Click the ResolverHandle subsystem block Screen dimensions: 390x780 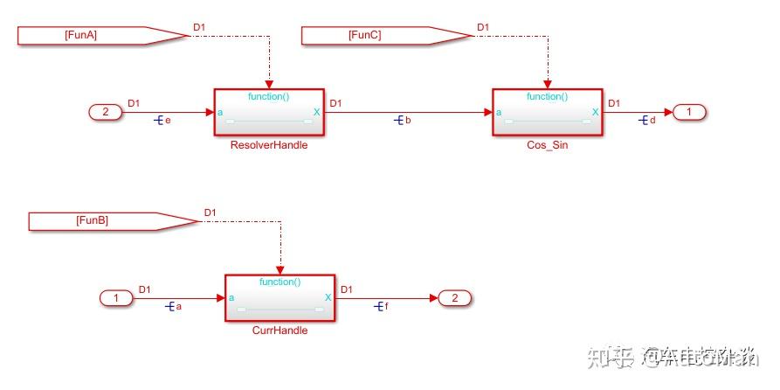(268, 112)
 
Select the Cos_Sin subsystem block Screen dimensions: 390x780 (547, 112)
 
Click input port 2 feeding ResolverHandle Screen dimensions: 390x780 (106, 112)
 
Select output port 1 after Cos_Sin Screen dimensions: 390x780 (688, 112)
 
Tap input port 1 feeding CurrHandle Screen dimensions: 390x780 (116, 298)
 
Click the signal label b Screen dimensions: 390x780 (408, 120)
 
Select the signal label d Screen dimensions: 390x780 (652, 120)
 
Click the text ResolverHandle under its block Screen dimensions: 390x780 (268, 145)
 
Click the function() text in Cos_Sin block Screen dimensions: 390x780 (547, 96)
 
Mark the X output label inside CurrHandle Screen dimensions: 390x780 (328, 297)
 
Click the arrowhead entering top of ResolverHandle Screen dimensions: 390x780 (268, 83)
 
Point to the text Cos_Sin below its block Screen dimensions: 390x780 (548, 145)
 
